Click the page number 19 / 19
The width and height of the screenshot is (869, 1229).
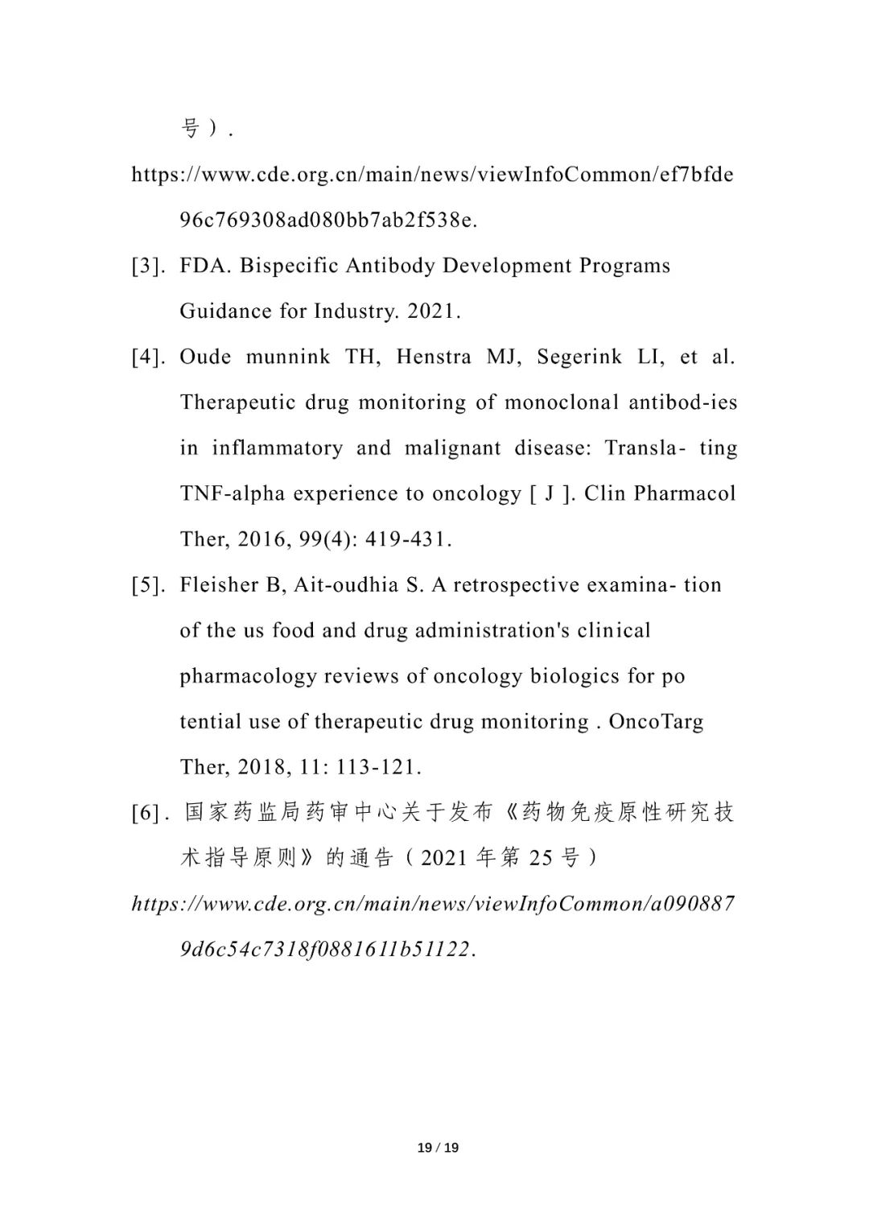(438, 1147)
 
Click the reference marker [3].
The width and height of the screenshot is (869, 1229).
(149, 266)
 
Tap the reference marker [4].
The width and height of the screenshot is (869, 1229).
(149, 357)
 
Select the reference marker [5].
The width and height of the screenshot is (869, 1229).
(149, 585)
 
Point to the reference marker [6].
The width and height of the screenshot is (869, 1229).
(149, 813)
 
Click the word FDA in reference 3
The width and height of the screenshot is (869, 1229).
(205, 266)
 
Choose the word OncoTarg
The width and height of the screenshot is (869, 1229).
(656, 721)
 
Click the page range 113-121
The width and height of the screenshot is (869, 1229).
(378, 767)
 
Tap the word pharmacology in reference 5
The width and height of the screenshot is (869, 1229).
(248, 676)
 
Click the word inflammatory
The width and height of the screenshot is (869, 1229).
(277, 448)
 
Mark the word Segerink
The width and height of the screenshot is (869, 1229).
(579, 357)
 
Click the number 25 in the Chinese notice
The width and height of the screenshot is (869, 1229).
(541, 859)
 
